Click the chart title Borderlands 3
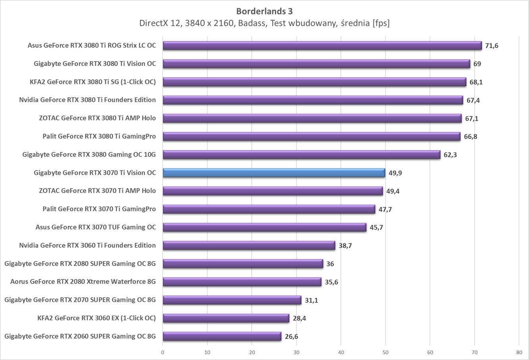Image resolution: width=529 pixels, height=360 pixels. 264,11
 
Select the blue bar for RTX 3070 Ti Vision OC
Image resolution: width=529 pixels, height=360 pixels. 274,173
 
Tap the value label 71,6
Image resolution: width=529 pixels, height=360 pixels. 491,46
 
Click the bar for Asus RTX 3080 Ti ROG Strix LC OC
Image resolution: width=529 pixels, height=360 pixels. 322,46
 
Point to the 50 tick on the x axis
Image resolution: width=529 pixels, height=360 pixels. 385,352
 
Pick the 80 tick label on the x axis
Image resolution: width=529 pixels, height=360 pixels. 519,352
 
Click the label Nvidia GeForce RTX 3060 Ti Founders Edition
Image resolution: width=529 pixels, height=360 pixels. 87,245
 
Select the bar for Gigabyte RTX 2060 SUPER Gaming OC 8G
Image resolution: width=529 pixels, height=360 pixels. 222,337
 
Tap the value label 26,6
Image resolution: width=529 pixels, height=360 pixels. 291,337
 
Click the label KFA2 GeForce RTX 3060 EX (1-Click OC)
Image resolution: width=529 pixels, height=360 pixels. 96,318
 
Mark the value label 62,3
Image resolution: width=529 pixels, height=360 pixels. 450,155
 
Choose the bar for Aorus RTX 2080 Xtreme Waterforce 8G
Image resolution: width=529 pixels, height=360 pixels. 242,282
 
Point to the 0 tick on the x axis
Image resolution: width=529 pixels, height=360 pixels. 163,352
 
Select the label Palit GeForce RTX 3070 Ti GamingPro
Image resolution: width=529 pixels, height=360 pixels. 99,209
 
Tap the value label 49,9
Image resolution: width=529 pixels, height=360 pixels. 395,173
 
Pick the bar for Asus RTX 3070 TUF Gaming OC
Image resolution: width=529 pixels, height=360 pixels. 264,227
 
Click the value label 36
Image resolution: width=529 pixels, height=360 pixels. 330,264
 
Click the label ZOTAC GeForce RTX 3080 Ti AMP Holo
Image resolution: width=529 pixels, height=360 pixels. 97,118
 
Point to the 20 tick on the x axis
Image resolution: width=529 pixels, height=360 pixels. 252,352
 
